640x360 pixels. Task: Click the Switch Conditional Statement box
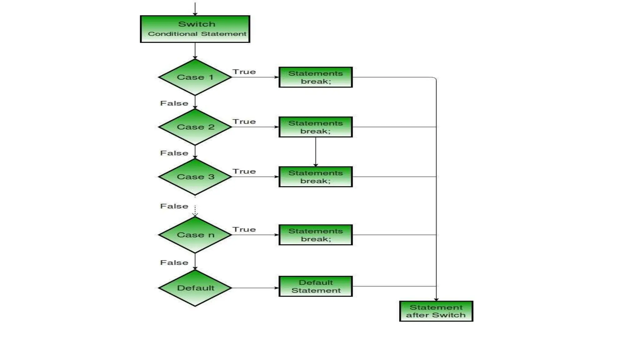tap(195, 29)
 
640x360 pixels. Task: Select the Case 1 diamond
tap(195, 77)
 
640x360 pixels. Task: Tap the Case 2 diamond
tap(195, 127)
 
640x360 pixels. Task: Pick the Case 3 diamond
tap(195, 177)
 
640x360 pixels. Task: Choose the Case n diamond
tap(195, 235)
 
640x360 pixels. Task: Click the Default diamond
tap(195, 288)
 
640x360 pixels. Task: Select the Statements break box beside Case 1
tap(316, 77)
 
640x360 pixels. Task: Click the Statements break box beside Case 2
tap(316, 127)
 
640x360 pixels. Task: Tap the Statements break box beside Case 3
tap(316, 177)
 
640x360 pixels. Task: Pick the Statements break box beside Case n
tap(316, 235)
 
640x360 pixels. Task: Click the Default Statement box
tap(316, 286)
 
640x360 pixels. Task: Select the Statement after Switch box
tap(436, 311)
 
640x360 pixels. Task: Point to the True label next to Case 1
tap(244, 72)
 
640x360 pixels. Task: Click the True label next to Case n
tap(244, 229)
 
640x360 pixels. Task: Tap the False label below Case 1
tap(174, 103)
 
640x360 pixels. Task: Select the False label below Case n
tap(174, 262)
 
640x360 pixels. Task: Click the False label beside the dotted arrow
tap(174, 206)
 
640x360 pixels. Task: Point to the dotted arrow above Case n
tap(195, 211)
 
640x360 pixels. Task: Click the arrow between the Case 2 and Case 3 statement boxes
tap(316, 152)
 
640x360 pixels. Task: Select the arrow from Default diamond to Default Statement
tap(255, 288)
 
